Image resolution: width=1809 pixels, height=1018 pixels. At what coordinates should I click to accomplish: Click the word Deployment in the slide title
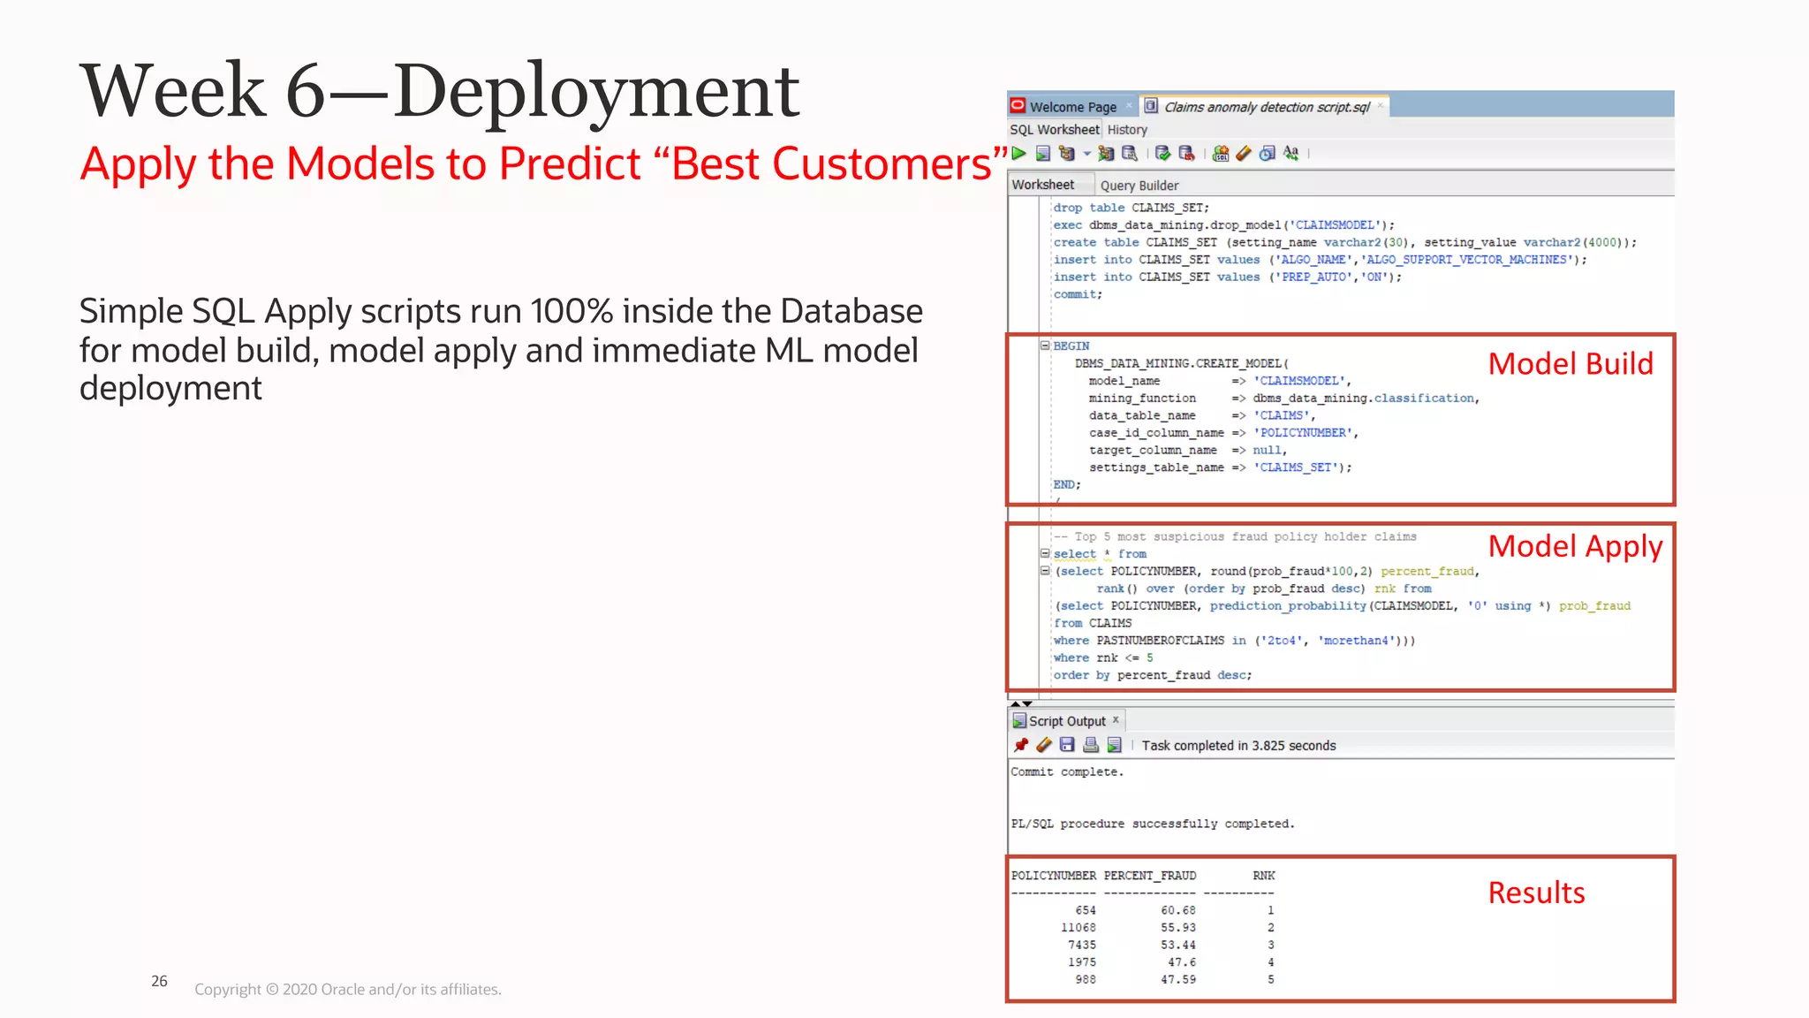[596, 91]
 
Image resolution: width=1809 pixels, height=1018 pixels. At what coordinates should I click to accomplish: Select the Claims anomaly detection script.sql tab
[1266, 107]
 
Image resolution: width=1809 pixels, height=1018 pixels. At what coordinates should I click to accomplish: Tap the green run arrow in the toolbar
[1019, 154]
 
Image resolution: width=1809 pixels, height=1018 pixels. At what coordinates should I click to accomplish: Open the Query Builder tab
[1139, 186]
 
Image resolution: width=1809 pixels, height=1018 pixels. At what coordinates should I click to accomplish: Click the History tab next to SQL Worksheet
[1127, 130]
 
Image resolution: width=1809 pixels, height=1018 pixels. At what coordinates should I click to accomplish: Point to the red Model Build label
[1570, 364]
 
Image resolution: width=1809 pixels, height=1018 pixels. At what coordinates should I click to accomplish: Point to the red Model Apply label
[1575, 547]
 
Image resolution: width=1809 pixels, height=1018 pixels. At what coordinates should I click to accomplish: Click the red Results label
[1536, 893]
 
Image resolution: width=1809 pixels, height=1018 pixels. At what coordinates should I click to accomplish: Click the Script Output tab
[1066, 721]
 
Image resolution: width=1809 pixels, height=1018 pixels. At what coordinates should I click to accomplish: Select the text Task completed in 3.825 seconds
[1238, 746]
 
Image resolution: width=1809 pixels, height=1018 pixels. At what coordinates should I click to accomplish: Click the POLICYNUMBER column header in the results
[1053, 876]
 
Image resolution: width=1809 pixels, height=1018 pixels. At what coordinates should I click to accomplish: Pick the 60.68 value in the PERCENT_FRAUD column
[1177, 910]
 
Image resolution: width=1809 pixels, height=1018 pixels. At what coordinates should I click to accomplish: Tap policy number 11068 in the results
[1078, 928]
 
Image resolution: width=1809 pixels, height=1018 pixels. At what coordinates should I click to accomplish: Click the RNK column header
[1263, 876]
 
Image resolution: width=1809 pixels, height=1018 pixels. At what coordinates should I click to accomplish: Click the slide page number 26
[159, 981]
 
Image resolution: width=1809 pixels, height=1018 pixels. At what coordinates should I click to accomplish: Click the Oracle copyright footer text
[347, 990]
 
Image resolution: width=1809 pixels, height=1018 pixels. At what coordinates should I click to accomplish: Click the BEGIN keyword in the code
[1071, 346]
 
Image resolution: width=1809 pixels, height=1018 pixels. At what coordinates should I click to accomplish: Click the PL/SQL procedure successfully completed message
[1152, 824]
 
